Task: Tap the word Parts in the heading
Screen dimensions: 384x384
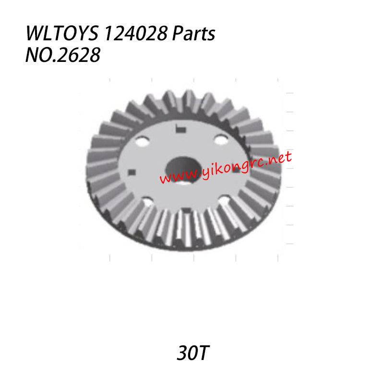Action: click(x=196, y=35)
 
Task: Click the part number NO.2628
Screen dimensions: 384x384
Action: click(x=62, y=55)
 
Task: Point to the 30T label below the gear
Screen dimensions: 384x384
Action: click(x=192, y=354)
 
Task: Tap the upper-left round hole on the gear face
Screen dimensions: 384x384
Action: click(x=142, y=142)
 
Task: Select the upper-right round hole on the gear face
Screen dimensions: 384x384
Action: click(x=220, y=140)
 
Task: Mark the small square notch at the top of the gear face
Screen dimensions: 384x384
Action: click(x=180, y=128)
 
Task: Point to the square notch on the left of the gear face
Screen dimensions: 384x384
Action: click(x=132, y=172)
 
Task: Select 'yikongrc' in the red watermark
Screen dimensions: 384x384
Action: click(x=226, y=167)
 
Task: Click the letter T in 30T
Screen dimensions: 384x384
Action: click(x=203, y=354)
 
